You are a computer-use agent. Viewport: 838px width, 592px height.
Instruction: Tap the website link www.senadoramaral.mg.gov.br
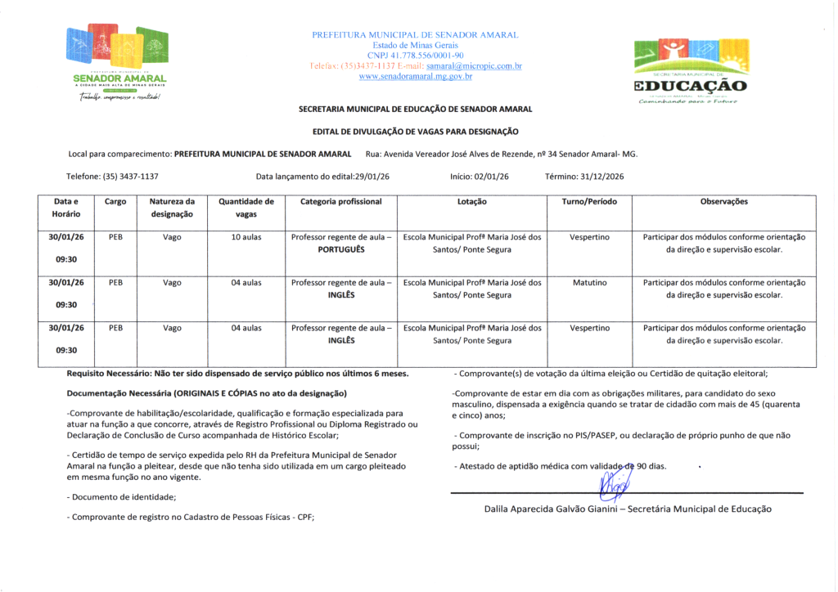tap(416, 76)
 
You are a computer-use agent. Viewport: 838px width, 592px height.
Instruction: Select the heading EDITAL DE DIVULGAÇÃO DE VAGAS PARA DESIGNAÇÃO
tap(415, 132)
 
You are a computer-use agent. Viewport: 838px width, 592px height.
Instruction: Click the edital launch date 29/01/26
tap(371, 176)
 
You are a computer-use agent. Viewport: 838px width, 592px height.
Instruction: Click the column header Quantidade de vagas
tap(246, 208)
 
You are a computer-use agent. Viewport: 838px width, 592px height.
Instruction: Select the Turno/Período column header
tap(589, 201)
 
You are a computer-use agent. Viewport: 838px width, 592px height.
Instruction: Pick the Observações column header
tap(723, 201)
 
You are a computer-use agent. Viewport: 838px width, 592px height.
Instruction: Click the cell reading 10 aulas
tap(246, 237)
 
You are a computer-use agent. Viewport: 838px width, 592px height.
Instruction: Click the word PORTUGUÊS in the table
tap(341, 249)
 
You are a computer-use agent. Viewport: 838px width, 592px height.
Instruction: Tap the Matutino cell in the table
tap(589, 283)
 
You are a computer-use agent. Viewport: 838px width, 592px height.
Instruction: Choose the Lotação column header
tap(472, 201)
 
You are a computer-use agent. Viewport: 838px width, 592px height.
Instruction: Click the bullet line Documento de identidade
tap(123, 496)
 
